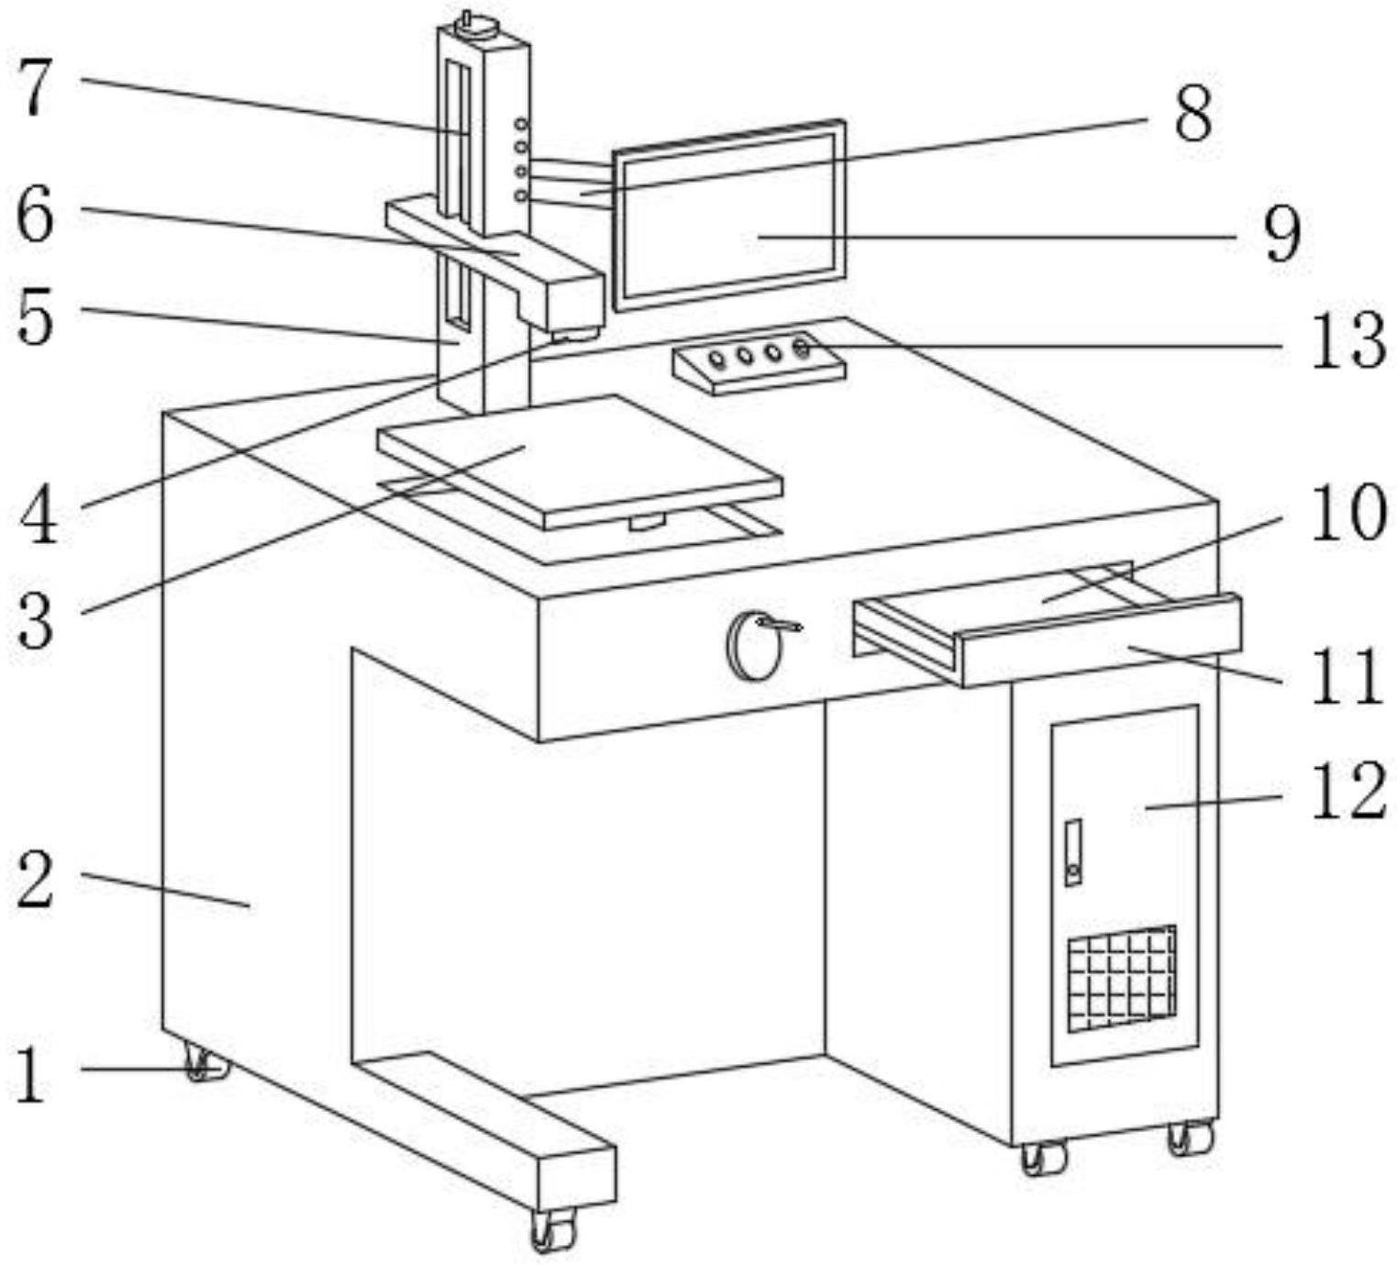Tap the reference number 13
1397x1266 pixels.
1347,341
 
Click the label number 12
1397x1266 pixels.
1347,790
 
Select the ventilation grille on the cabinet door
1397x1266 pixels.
1122,979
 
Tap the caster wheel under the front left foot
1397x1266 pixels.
553,1230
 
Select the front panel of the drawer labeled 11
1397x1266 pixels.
1102,641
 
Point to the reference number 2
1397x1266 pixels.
36,882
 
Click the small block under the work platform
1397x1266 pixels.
647,522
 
